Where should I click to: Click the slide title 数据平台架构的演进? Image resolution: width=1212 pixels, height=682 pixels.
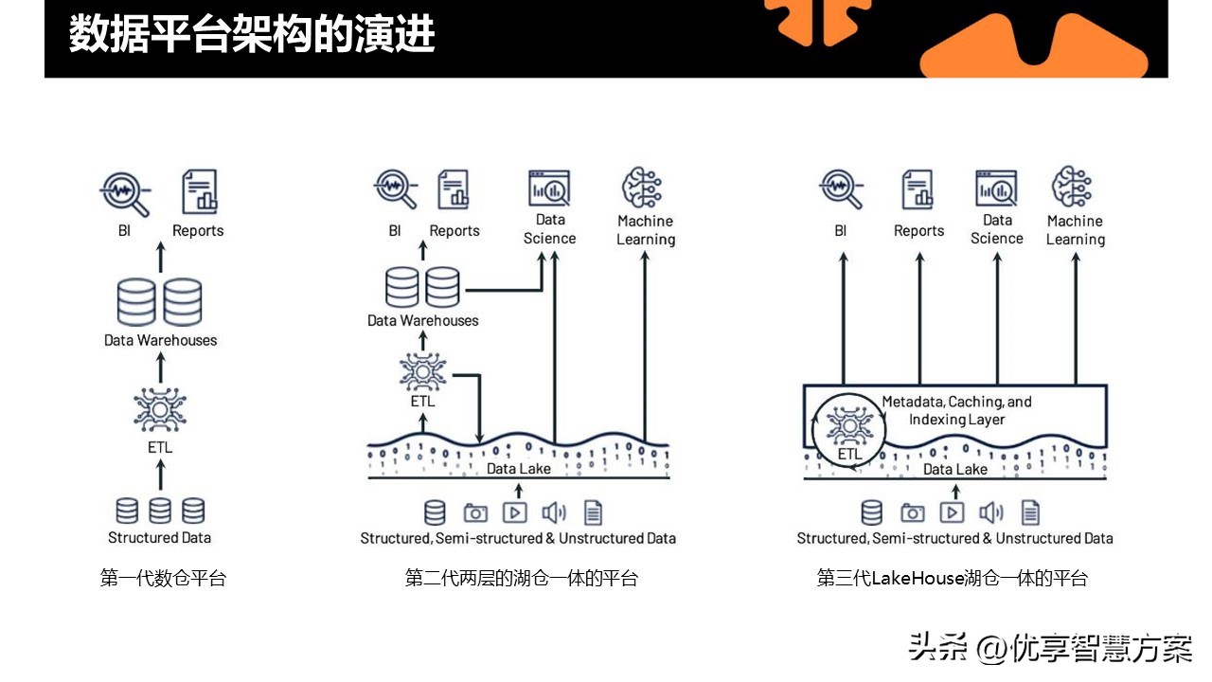[x=252, y=35]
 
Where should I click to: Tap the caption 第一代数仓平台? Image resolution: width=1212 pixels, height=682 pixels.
[x=163, y=578]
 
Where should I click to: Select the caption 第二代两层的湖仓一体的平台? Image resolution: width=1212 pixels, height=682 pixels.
[x=522, y=578]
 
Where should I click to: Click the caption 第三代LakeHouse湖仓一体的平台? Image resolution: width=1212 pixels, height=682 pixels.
[x=953, y=578]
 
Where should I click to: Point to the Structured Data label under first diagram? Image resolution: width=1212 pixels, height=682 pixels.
[x=159, y=538]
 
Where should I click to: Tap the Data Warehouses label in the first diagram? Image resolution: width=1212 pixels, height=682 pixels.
[x=160, y=340]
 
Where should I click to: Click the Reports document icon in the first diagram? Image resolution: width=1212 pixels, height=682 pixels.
[x=199, y=191]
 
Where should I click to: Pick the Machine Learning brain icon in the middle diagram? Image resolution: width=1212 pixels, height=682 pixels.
[x=645, y=188]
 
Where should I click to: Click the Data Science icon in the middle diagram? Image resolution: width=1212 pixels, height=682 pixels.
[x=549, y=189]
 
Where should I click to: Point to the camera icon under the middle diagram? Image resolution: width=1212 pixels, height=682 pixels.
[x=475, y=512]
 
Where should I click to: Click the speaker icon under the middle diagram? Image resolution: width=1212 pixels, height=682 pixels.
[x=554, y=512]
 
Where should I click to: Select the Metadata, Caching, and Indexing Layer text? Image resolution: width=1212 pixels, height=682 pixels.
[x=956, y=410]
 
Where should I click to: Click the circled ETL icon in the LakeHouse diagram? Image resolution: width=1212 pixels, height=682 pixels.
[x=848, y=427]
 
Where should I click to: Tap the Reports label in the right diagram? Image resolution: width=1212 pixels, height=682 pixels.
[x=918, y=231]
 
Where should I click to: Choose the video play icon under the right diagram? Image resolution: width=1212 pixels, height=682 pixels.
[x=952, y=512]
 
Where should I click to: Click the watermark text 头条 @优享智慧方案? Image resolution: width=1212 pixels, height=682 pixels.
[x=1050, y=648]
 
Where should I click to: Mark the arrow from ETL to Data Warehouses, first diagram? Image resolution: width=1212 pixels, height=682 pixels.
[x=159, y=368]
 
